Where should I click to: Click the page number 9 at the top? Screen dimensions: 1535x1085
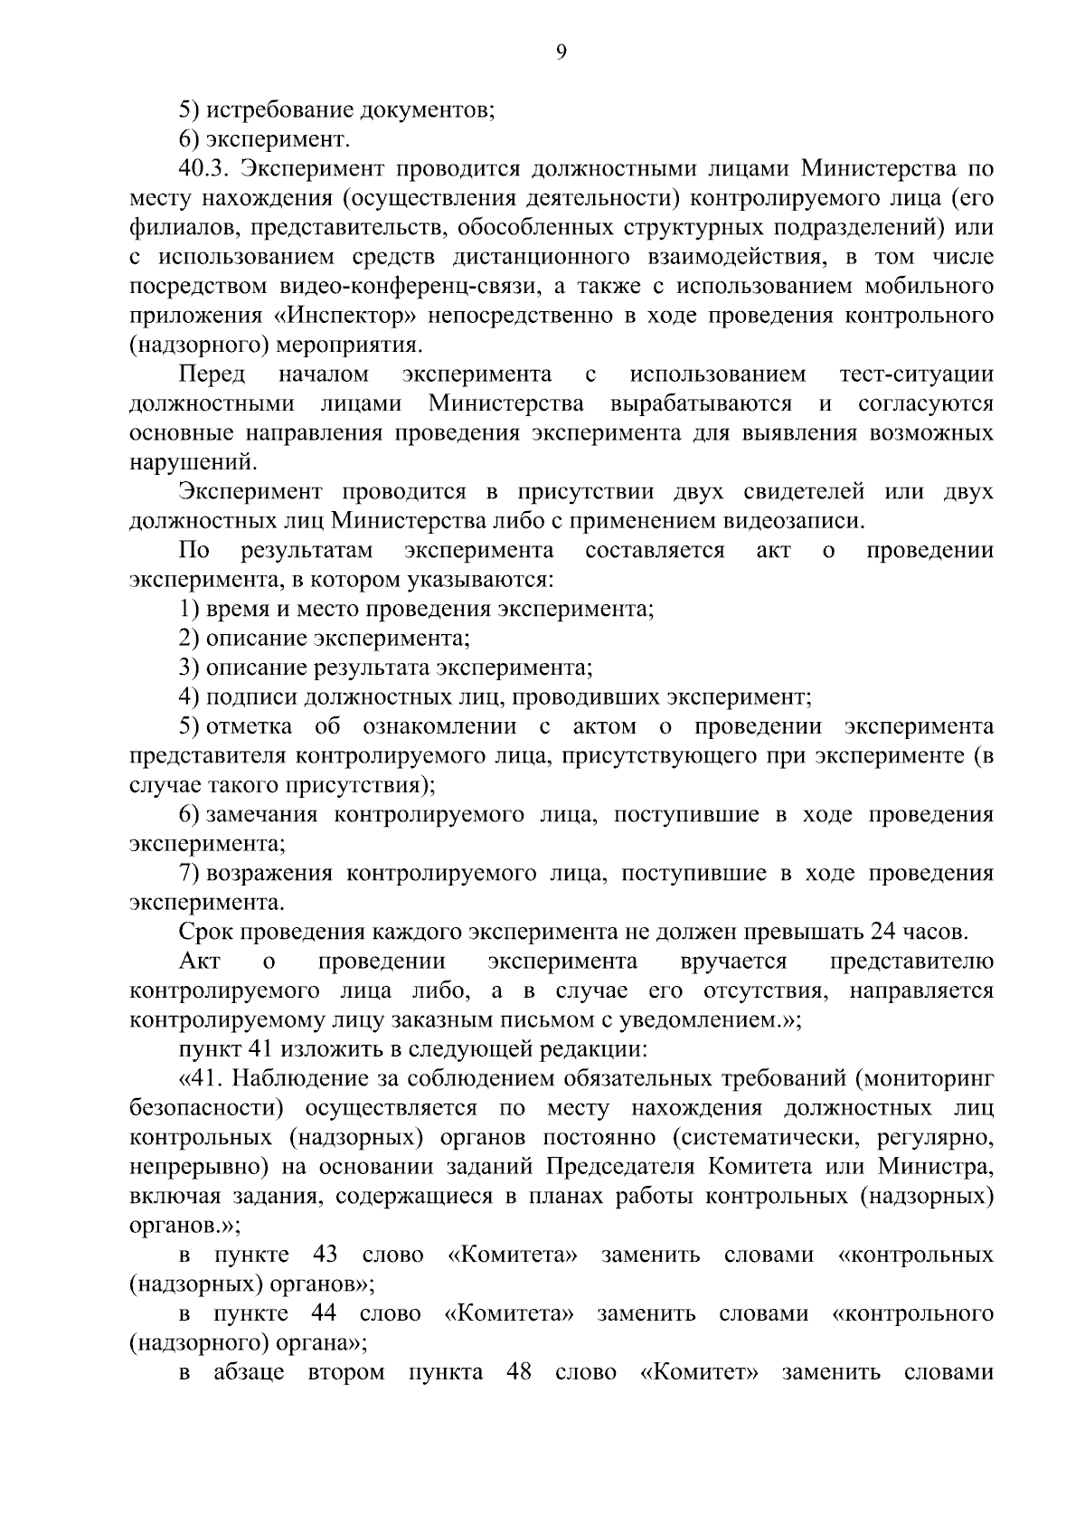tap(561, 52)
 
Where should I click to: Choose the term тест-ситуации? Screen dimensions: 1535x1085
tap(916, 374)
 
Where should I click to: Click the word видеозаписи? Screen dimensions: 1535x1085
tap(796, 521)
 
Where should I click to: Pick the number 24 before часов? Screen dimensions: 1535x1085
tap(881, 932)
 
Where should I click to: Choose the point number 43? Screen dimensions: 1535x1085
tap(325, 1255)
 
